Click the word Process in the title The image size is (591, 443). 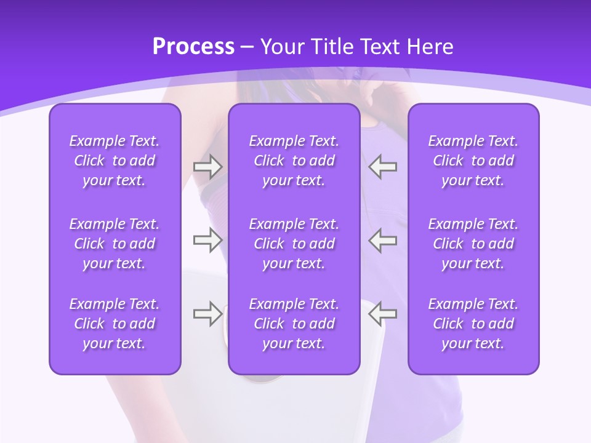[x=193, y=47]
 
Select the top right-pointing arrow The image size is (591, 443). [x=207, y=167]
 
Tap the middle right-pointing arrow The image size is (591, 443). [x=207, y=240]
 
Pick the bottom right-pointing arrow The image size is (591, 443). [x=207, y=314]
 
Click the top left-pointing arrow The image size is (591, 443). [x=382, y=167]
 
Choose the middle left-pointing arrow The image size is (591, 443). [x=382, y=240]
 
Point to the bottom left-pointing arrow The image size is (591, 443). [x=382, y=314]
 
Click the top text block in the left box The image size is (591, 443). [x=115, y=161]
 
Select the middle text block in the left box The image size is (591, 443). [x=115, y=244]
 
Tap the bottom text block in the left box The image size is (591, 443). [x=115, y=324]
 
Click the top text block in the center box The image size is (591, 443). [x=294, y=161]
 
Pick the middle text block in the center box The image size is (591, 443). [x=294, y=244]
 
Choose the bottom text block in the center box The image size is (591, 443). [x=294, y=324]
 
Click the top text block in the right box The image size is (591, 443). [x=473, y=161]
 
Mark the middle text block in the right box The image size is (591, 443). [x=473, y=244]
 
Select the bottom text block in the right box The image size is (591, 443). [x=473, y=324]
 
